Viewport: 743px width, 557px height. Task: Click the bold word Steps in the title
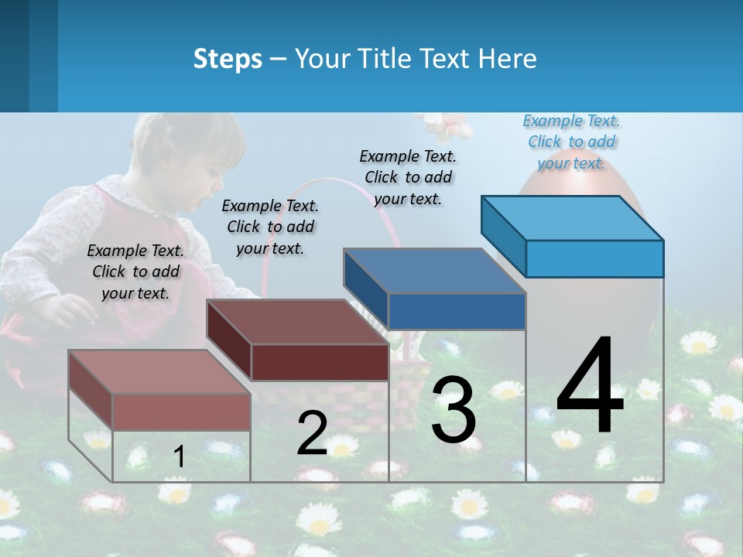click(x=228, y=59)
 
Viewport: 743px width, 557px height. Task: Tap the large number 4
click(x=590, y=386)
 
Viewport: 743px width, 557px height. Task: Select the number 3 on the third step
click(x=453, y=410)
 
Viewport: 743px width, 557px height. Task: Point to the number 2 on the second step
click(x=312, y=433)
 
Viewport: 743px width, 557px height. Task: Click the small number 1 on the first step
click(x=179, y=456)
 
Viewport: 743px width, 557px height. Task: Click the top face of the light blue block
click(x=571, y=217)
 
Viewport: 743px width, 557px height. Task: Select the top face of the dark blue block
click(x=433, y=271)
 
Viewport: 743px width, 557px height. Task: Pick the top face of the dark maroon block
click(x=296, y=322)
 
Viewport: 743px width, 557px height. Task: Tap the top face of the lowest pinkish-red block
click(x=159, y=372)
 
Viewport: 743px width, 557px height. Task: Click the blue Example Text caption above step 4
click(x=571, y=142)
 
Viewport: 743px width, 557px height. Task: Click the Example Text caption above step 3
click(x=408, y=177)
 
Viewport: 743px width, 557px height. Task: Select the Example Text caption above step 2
click(x=270, y=227)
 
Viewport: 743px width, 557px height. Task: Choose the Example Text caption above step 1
click(x=135, y=272)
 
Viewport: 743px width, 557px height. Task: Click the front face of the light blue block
click(x=594, y=258)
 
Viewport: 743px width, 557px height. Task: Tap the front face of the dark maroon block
click(x=320, y=362)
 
